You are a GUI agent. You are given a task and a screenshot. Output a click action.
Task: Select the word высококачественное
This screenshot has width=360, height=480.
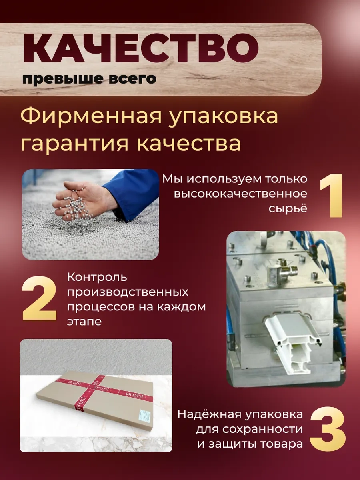(x=241, y=194)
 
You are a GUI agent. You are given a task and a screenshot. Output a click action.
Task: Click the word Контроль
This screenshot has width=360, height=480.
(x=97, y=278)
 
